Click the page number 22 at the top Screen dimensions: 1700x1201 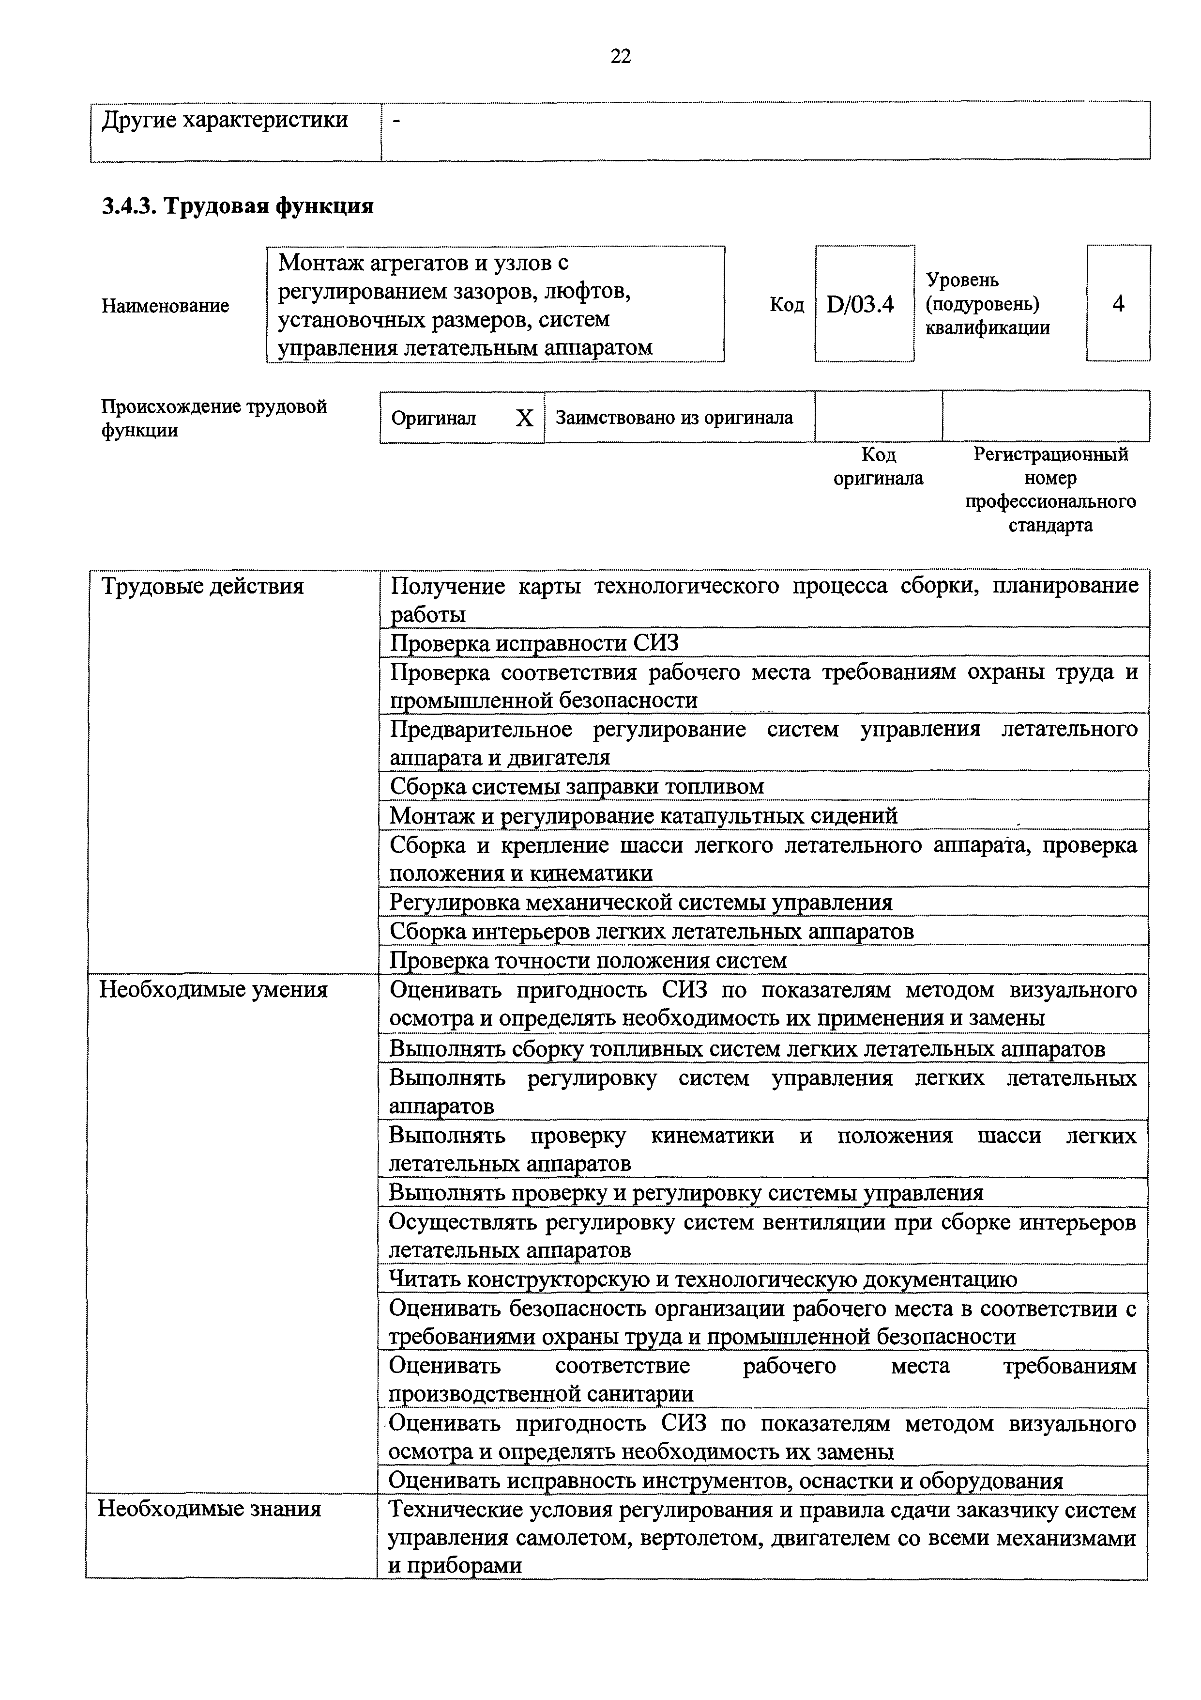click(620, 56)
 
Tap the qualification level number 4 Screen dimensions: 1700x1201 click(1117, 304)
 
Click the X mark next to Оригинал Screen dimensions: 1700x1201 click(524, 419)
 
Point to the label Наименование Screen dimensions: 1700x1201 click(165, 306)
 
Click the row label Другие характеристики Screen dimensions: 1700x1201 click(224, 120)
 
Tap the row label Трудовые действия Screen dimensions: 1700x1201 click(202, 586)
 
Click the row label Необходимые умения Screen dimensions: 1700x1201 click(213, 990)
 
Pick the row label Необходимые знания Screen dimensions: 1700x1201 click(210, 1509)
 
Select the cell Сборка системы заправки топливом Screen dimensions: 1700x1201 click(577, 786)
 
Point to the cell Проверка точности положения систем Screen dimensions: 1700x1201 click(588, 960)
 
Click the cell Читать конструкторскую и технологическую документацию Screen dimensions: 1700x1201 click(703, 1279)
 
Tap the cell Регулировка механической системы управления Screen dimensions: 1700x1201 click(641, 903)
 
